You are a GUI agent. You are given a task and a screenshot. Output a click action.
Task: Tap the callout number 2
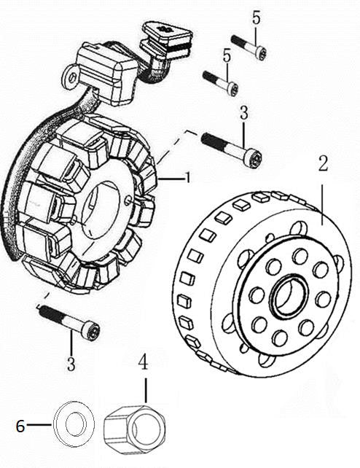point(321,164)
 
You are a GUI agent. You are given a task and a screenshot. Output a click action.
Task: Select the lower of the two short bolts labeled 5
point(221,82)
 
